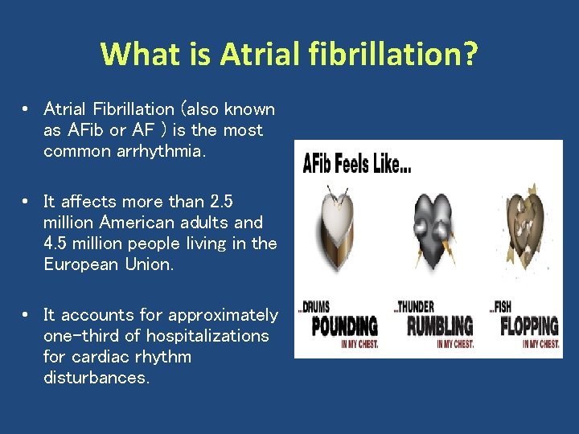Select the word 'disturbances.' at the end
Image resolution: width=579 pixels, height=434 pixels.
[x=96, y=378]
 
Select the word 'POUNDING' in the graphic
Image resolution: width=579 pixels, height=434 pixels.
[x=345, y=326]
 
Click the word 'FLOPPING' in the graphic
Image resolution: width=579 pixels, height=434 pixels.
[x=530, y=326]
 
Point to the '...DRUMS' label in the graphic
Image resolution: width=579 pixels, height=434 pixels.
[x=314, y=306]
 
